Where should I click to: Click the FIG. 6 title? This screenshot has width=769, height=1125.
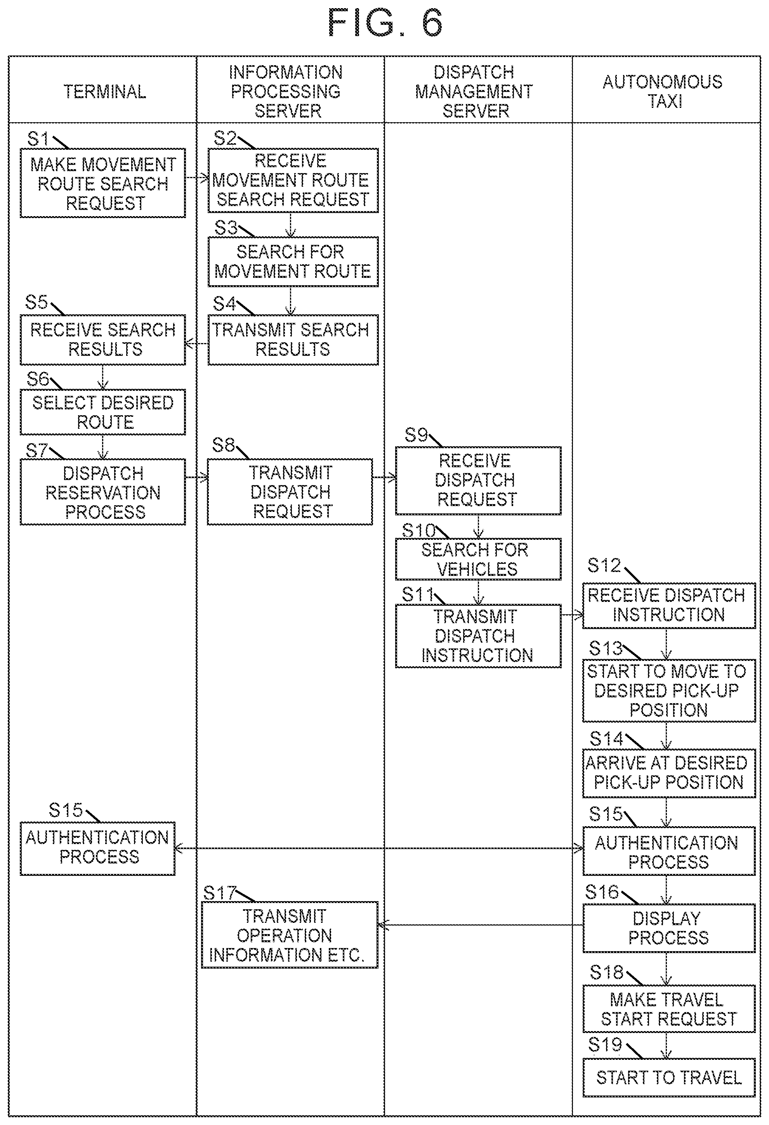point(385,23)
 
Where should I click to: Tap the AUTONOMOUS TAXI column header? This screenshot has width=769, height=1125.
point(663,92)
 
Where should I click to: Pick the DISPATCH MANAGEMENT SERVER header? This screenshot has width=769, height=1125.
point(475,92)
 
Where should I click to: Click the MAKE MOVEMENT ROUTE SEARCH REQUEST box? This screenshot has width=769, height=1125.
point(102,183)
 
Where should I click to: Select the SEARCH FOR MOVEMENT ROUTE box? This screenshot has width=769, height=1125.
point(293,262)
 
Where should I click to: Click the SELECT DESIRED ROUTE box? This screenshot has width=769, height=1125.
point(102,412)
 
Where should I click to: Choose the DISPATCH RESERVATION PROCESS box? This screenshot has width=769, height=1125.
point(102,492)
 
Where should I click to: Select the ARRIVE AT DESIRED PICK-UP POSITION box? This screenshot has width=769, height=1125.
point(669,773)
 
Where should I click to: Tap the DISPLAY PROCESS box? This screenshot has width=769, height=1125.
point(669,928)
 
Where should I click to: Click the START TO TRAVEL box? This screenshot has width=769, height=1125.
point(669,1078)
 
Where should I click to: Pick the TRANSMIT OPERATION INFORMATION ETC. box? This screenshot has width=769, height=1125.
point(290,935)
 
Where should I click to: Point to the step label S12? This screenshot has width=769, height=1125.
point(604,565)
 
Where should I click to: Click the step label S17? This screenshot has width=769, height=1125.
point(219,893)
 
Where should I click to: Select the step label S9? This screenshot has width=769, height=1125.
point(417,435)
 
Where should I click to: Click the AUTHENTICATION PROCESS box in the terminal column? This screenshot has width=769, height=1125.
point(97,848)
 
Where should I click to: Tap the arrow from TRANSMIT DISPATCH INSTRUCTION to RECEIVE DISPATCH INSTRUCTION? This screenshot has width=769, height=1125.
point(572,615)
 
